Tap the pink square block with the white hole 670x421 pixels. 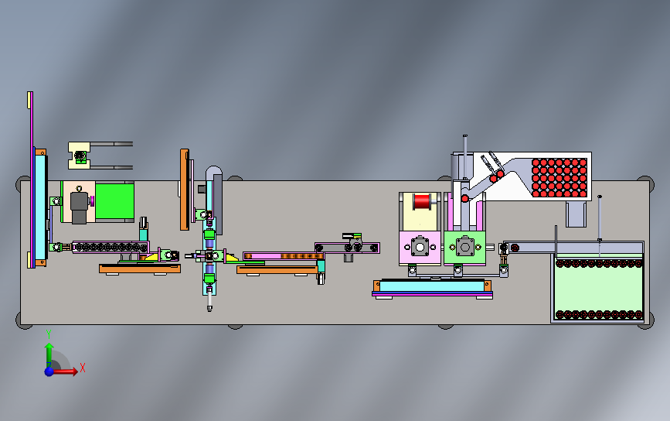coord(419,248)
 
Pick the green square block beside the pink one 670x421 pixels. coord(465,248)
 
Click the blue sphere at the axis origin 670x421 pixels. coord(49,371)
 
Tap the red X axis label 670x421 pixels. coord(82,368)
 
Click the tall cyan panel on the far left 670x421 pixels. coord(39,205)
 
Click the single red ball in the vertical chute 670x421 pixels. coord(465,198)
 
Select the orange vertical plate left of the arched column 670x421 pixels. coord(184,190)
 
